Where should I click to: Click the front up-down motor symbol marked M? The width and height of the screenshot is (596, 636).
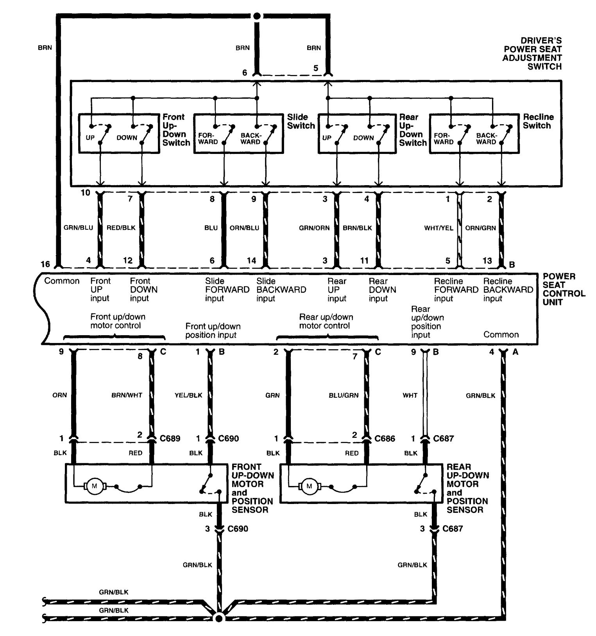coord(94,486)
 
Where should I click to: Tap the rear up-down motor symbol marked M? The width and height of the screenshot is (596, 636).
coord(310,486)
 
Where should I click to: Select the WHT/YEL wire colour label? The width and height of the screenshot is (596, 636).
coord(438,228)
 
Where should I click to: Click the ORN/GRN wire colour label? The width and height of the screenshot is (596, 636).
coord(480,228)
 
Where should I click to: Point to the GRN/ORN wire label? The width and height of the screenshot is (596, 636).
coord(314,228)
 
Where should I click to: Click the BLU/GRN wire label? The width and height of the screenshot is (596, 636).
coord(344,395)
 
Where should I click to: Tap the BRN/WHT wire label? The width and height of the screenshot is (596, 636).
coord(127,395)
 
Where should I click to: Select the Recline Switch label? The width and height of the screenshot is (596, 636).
coord(538,121)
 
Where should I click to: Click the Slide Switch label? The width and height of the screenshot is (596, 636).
coord(301,121)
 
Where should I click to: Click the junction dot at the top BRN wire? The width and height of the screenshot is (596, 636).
coord(257,16)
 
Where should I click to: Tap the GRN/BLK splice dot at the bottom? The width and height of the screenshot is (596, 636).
coord(219,618)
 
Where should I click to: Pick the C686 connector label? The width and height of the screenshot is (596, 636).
coord(385,439)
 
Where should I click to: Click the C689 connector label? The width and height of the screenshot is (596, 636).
coord(170,439)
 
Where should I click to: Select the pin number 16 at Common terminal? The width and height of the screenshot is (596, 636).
coord(46,264)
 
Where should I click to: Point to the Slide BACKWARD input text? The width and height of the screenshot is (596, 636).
coord(281,290)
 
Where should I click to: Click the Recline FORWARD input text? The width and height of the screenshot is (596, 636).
coord(456,290)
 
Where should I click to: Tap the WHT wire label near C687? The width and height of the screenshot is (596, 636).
coord(410,395)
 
